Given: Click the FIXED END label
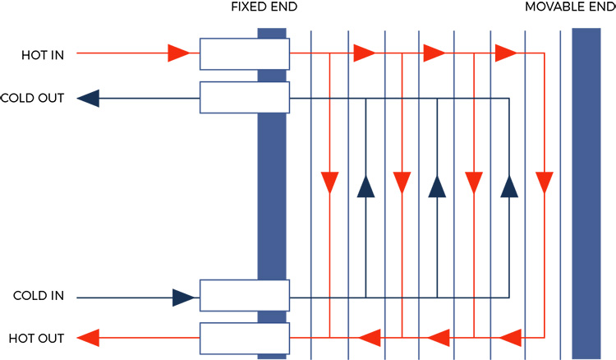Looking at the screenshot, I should click(264, 8).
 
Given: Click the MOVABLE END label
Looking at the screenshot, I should click(569, 8).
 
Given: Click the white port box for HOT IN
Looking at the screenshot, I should click(244, 54).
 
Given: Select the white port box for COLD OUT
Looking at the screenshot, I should click(244, 98).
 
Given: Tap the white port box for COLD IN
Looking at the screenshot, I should click(244, 295).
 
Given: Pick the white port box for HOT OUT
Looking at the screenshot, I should click(244, 337).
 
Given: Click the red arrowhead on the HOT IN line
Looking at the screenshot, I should click(178, 54).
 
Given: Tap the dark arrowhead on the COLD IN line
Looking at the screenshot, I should click(184, 297).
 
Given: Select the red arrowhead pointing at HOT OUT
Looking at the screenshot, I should click(89, 337).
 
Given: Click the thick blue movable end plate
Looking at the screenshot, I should click(586, 193).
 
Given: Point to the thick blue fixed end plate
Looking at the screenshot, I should click(271, 193).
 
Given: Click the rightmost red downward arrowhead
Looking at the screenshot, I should click(544, 182).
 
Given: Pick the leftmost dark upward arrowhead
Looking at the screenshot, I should click(365, 187).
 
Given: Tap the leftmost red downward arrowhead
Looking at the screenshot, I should click(329, 182).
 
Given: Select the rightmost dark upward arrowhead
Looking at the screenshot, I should click(508, 187).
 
